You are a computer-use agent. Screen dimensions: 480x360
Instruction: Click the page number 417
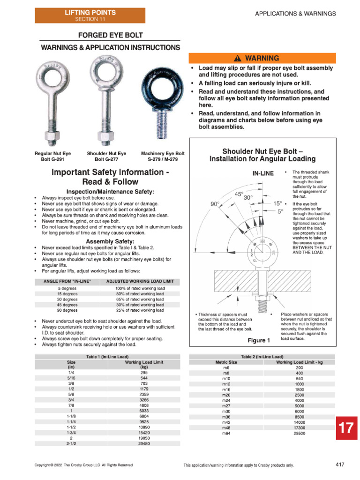click(340, 465)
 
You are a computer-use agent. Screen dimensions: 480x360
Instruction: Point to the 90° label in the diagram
click(216, 204)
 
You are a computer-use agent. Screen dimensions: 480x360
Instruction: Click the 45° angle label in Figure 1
click(239, 193)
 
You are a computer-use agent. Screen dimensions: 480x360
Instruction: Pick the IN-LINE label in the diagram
click(263, 173)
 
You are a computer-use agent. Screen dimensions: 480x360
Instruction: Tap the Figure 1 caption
click(259, 340)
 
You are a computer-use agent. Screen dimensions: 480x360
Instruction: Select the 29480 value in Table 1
click(144, 443)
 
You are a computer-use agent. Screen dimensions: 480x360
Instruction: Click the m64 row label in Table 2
click(226, 434)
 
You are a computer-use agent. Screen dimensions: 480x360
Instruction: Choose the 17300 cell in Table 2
click(300, 428)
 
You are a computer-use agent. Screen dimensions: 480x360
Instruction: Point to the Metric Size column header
click(226, 362)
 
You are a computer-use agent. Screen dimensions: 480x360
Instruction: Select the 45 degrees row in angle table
click(67, 305)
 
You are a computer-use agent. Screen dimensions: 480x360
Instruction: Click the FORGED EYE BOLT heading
click(110, 35)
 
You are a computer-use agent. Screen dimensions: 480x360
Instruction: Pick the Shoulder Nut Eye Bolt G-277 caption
click(106, 157)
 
